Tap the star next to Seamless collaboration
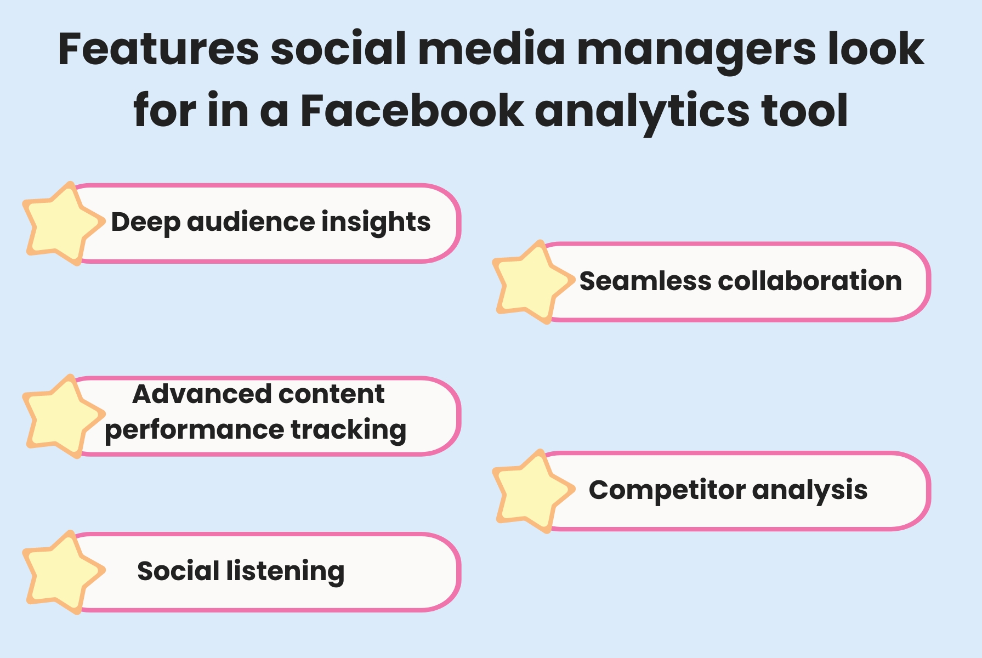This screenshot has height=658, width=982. [530, 282]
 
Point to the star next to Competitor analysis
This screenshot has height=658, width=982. [530, 492]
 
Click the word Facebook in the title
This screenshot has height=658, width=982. [412, 111]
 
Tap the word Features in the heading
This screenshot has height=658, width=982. [158, 49]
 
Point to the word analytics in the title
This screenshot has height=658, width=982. [642, 111]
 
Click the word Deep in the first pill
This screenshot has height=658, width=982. [145, 222]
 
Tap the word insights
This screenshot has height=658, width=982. [376, 222]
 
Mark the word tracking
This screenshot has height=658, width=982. [348, 429]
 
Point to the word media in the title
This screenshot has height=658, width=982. [491, 49]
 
